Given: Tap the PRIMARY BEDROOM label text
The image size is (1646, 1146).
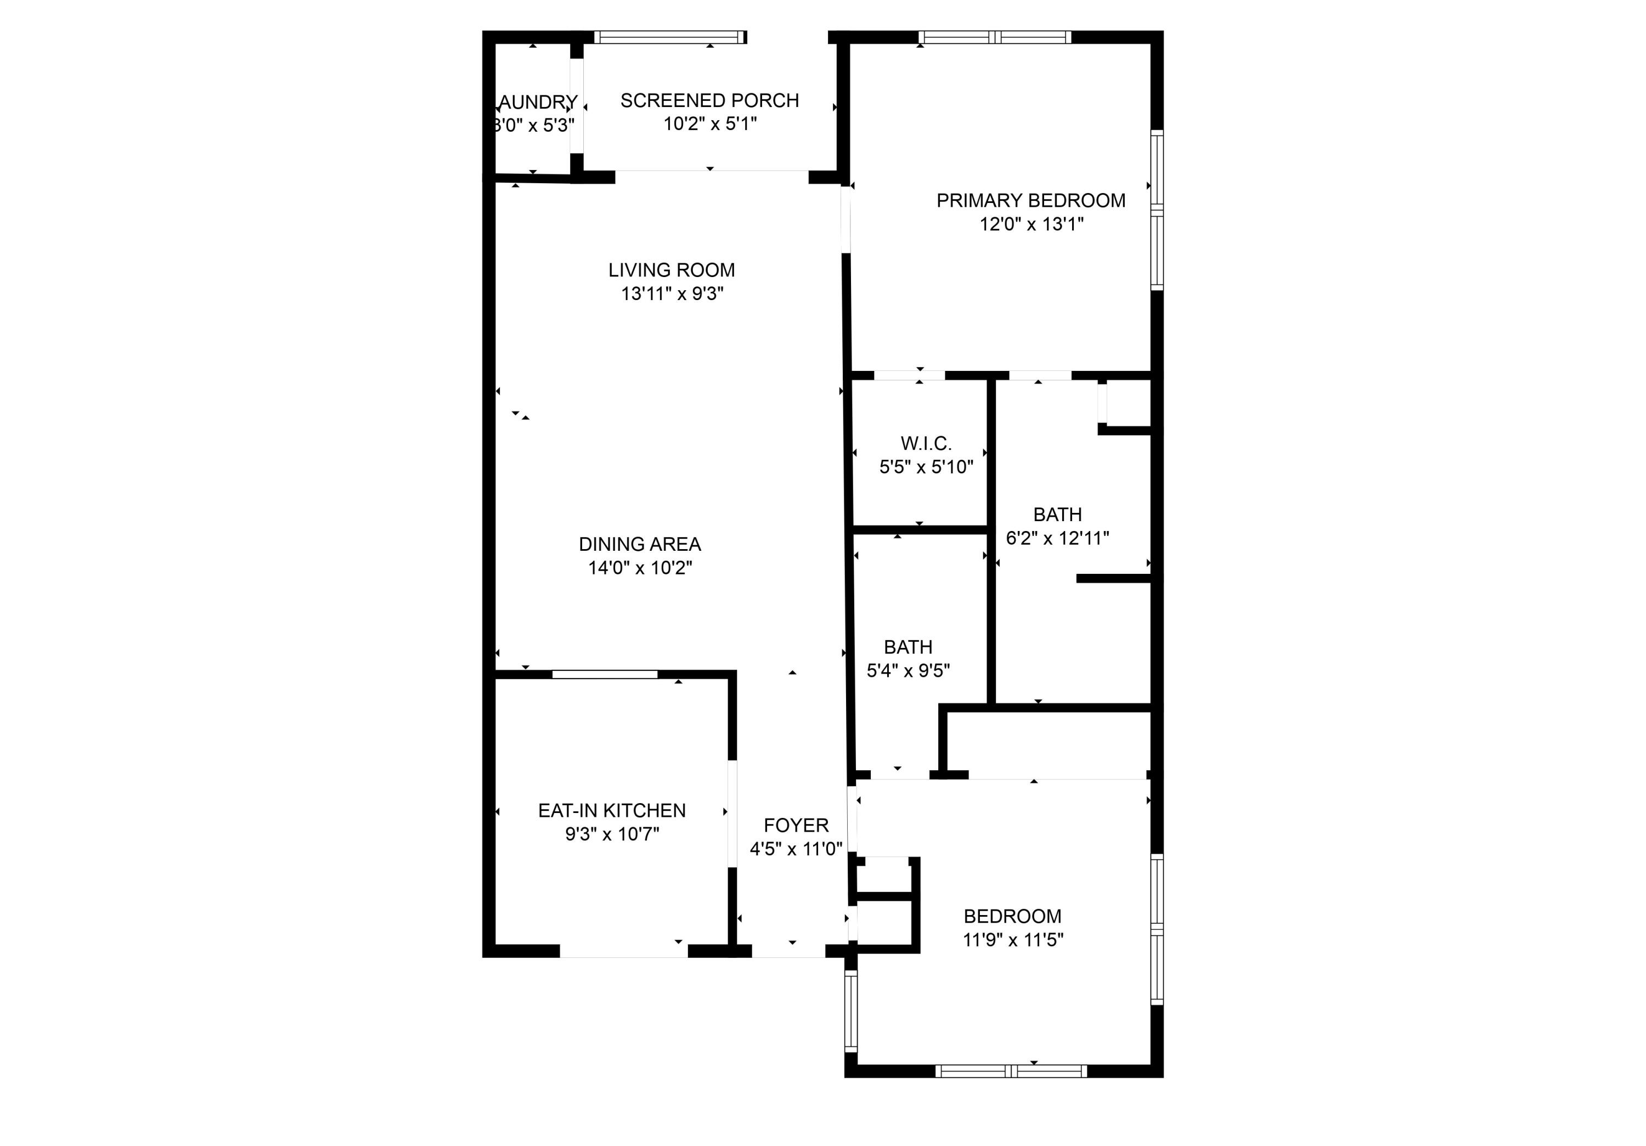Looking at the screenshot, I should pos(1030,201).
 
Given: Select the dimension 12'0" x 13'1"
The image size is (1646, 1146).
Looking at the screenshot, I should pos(1031,224).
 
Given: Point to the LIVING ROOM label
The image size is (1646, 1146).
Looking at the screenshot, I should pos(671,270).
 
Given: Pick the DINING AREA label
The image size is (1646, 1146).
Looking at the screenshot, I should pos(640,545).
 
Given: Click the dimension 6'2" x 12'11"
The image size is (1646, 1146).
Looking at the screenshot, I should pos(1057,538).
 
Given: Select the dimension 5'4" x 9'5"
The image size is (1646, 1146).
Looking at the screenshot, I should pos(907,671).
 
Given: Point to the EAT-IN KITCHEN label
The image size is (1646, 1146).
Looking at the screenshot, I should pos(612,811).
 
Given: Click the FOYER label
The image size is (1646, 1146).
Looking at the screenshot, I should pos(796,826).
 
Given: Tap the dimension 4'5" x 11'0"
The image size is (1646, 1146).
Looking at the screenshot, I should pos(796,849).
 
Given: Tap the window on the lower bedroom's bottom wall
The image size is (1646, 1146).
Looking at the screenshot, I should pos(1011,1071).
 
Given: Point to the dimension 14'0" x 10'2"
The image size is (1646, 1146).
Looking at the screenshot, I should pos(640,568).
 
